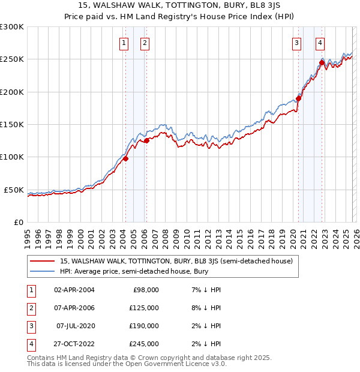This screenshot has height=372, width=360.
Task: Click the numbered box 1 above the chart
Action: [124, 43]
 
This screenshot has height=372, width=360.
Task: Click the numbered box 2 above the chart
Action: [145, 43]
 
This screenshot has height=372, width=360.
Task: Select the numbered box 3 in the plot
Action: [296, 43]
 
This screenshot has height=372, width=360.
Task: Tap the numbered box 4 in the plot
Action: [320, 43]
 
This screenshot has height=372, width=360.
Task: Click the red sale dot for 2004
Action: [125, 159]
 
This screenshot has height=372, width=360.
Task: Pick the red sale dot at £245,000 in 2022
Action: [322, 62]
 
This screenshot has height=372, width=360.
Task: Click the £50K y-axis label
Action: [14, 190]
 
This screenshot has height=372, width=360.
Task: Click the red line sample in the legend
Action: [42, 261]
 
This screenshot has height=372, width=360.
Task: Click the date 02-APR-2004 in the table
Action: [74, 290]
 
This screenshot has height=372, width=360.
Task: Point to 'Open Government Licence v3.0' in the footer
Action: [177, 364]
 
